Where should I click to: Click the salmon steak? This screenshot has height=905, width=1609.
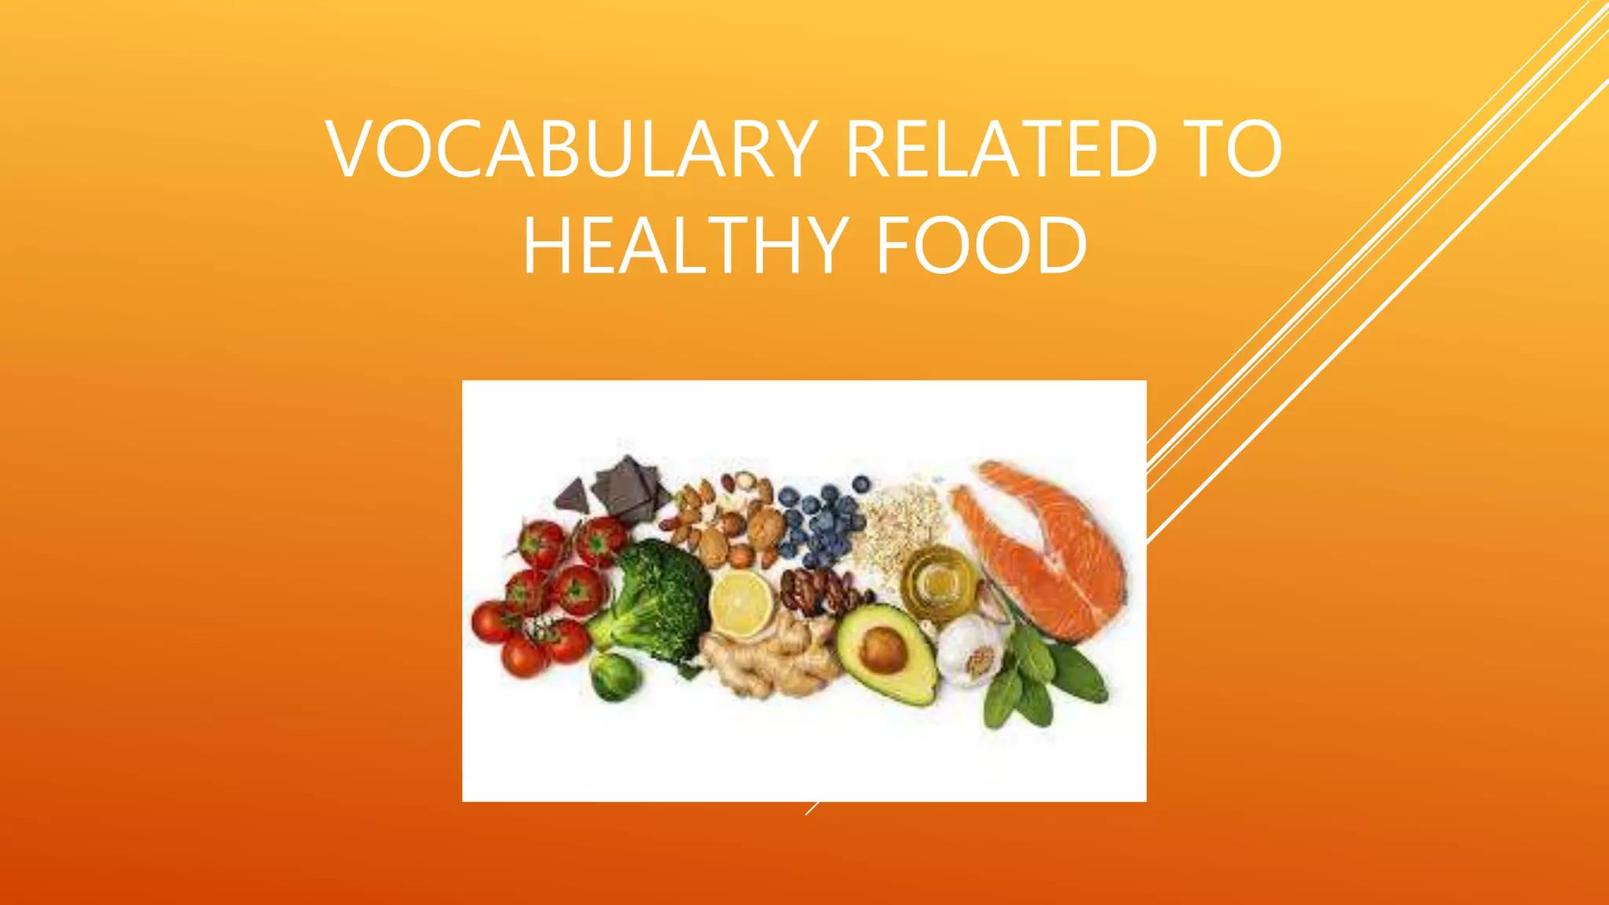click(1045, 550)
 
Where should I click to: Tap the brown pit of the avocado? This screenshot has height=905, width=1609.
click(883, 650)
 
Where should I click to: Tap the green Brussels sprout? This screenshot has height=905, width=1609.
click(614, 676)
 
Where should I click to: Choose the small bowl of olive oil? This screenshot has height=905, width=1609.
click(939, 581)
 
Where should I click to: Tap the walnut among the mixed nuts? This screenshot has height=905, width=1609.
click(766, 526)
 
